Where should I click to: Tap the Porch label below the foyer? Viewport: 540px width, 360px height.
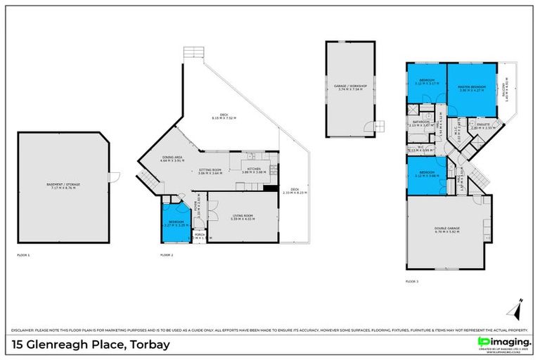[x=199, y=236]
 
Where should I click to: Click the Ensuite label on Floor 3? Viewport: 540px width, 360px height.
[x=483, y=127]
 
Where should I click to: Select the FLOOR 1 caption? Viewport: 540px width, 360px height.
[x=23, y=255]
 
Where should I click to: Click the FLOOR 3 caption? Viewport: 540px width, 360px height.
[x=413, y=281]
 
